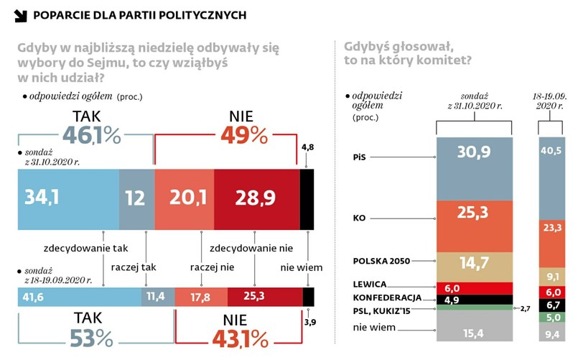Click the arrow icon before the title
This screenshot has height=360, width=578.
click(21, 15)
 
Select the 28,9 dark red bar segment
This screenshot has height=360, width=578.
click(256, 200)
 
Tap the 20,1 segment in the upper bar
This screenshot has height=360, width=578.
click(185, 200)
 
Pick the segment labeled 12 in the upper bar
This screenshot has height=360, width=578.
click(136, 200)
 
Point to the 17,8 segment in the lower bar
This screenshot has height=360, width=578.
click(201, 297)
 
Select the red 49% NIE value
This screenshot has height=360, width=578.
click(244, 135)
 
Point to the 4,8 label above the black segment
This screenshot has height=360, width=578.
click(307, 147)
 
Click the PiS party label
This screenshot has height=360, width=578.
click(362, 156)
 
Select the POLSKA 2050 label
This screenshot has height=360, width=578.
click(381, 260)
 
